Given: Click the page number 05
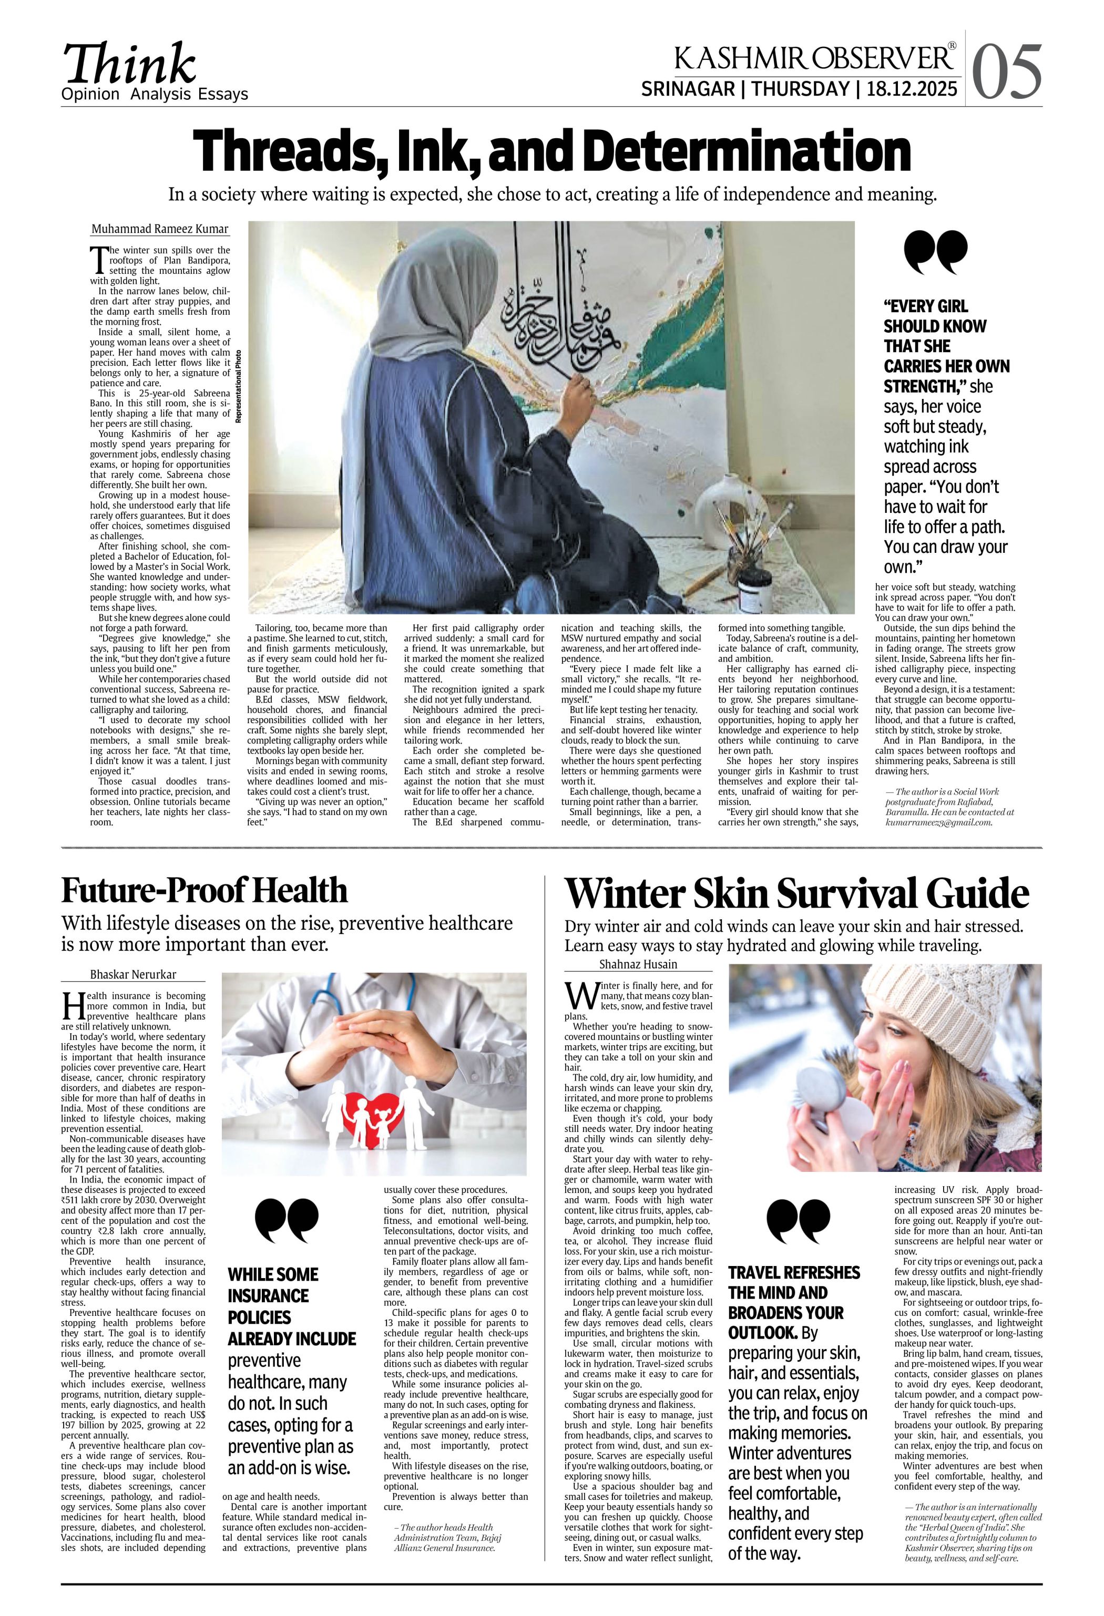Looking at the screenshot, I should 1007,71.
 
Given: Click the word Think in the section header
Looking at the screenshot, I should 130,64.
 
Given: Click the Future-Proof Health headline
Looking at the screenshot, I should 204,891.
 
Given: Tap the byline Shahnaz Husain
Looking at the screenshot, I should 638,964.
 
